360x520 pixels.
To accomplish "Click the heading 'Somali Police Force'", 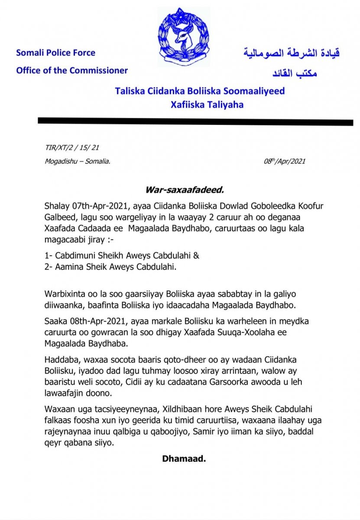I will pyautogui.click(x=55, y=53).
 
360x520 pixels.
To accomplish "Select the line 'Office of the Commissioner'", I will pyautogui.click(x=72, y=70).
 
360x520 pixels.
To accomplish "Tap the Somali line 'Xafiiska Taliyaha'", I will pyautogui.click(x=201, y=104).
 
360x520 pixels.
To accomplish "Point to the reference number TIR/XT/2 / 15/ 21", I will pyautogui.click(x=72, y=148).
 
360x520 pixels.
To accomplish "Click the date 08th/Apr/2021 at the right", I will pyautogui.click(x=285, y=161).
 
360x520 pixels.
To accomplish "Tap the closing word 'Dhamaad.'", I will pyautogui.click(x=183, y=458).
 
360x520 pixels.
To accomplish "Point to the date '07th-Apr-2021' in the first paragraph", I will pyautogui.click(x=90, y=205).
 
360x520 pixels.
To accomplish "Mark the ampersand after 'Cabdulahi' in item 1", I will pyautogui.click(x=196, y=255).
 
